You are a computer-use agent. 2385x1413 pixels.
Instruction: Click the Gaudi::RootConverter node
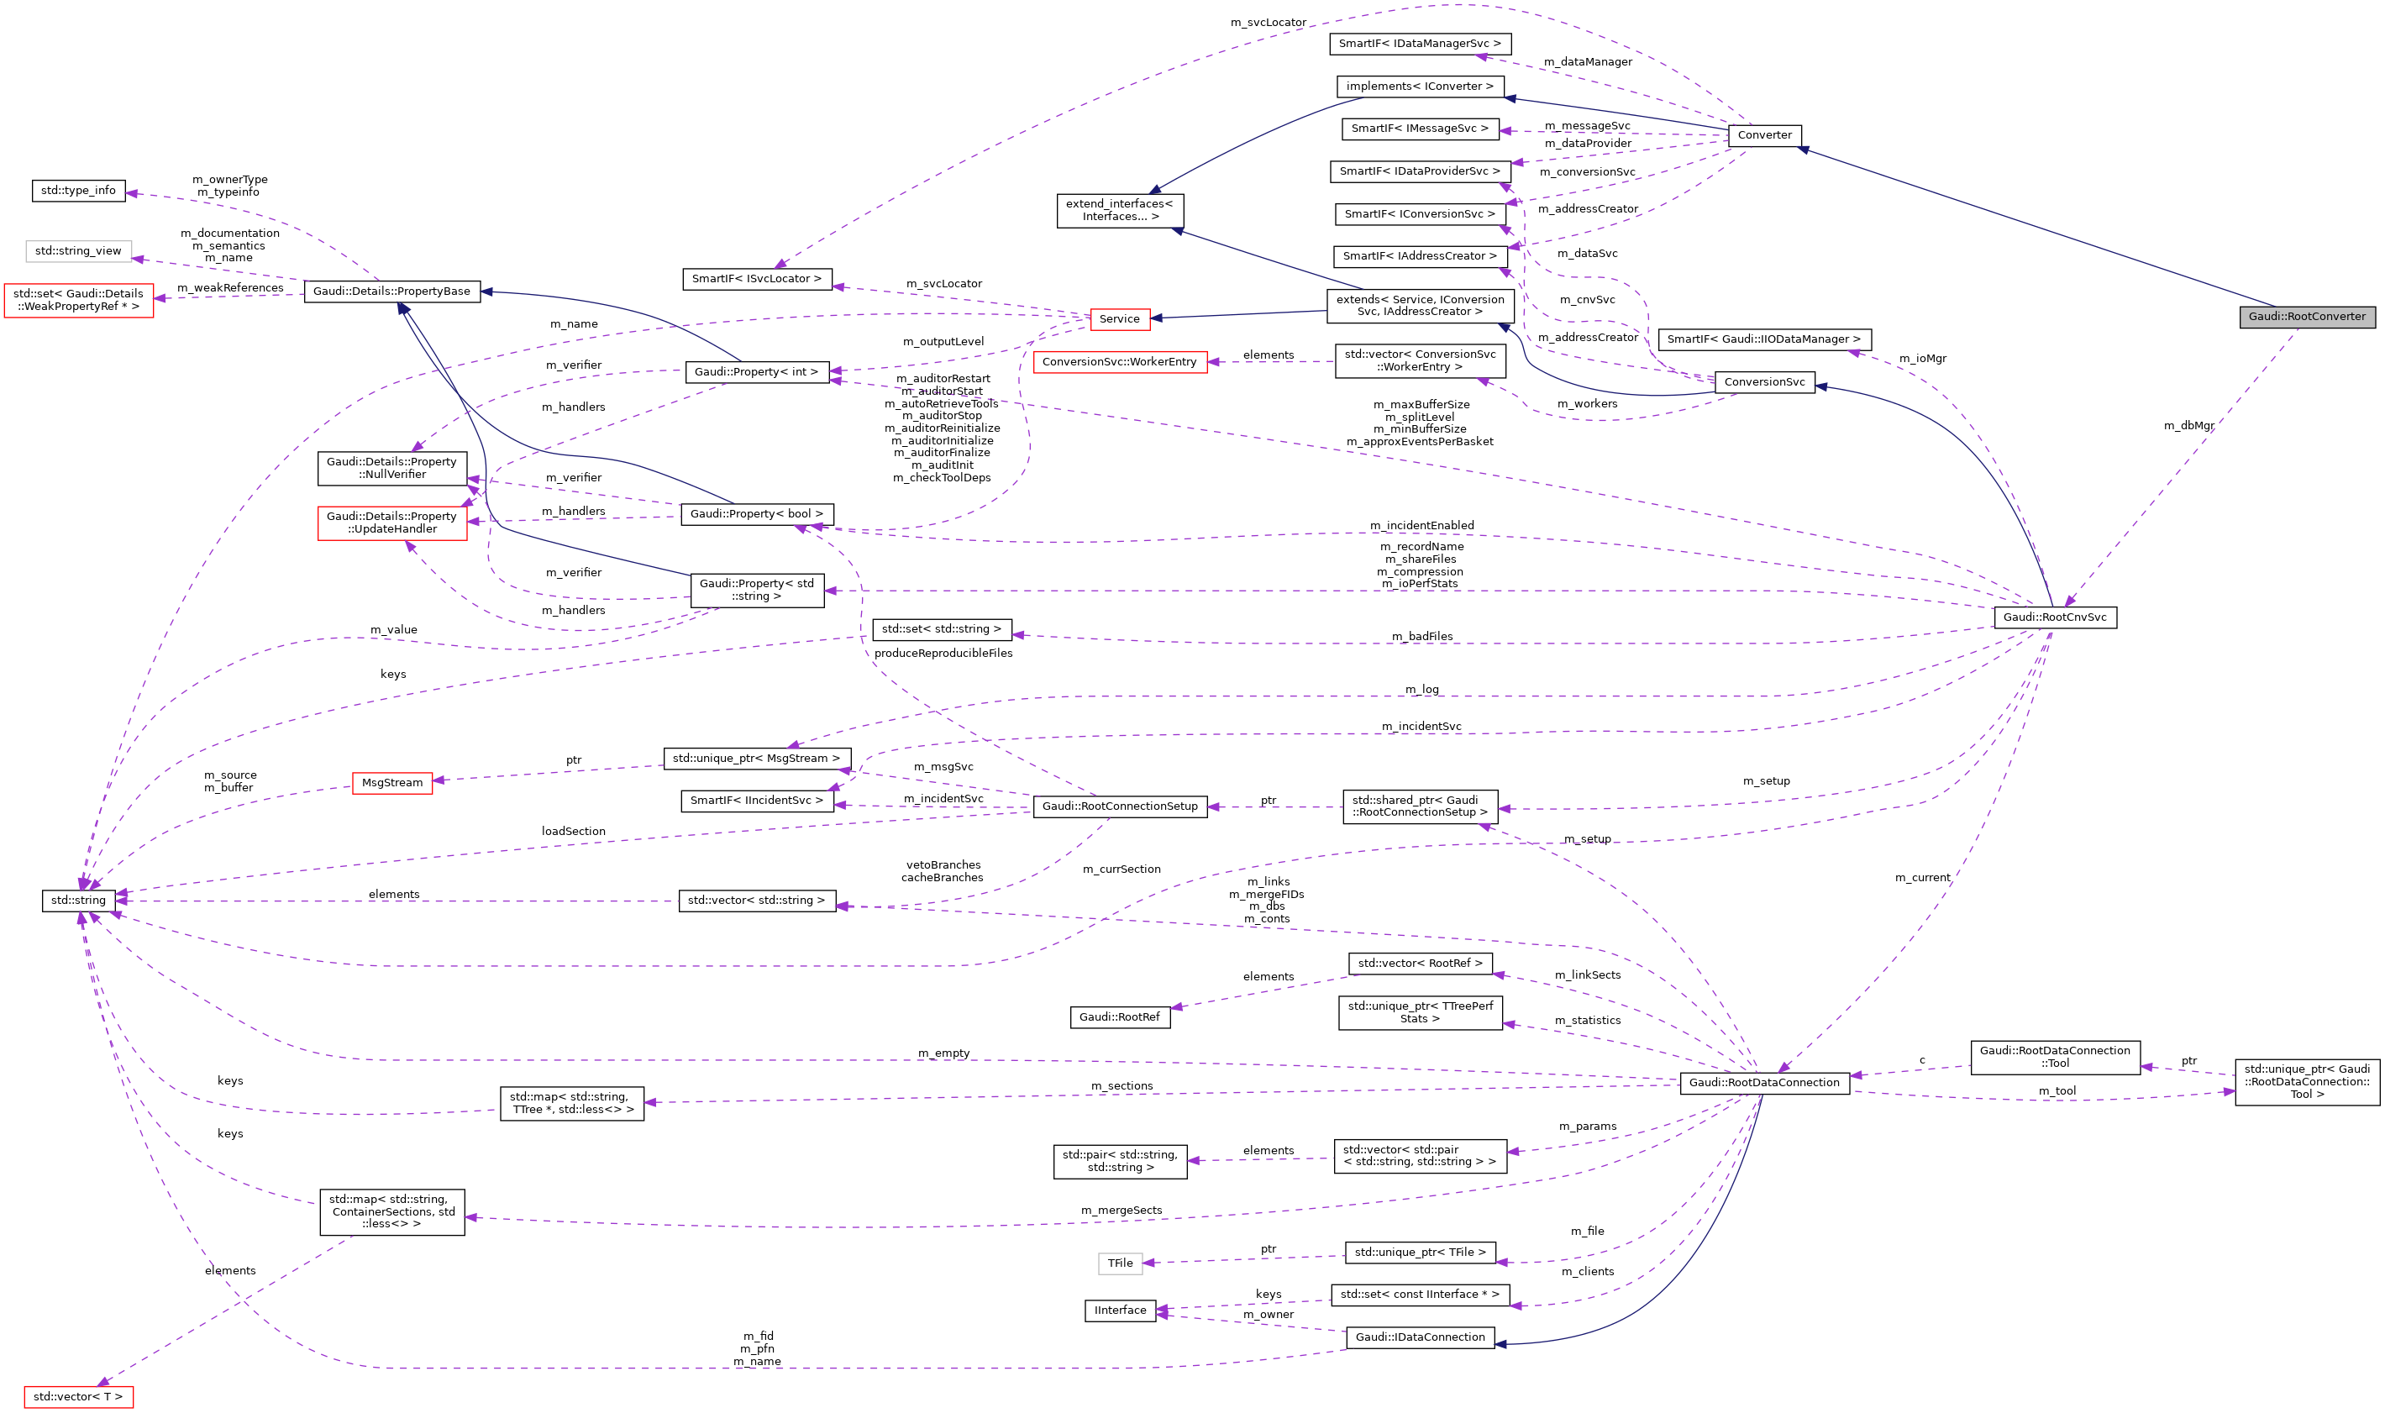point(2306,317)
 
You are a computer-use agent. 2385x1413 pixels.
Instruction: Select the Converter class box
point(1763,135)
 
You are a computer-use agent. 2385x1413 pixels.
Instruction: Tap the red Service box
point(1119,319)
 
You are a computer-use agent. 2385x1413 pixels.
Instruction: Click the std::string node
point(78,900)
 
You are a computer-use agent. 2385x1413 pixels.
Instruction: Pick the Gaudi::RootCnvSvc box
point(2055,617)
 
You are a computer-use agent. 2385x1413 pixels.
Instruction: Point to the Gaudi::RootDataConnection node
point(1763,1083)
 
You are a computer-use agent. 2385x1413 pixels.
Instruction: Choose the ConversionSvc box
point(1763,382)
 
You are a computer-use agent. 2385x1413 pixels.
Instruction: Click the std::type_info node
point(78,191)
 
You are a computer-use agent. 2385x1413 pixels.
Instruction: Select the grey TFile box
point(1120,1263)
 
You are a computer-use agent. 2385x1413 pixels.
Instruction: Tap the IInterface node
point(1120,1311)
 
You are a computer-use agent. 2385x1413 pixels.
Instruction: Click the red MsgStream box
point(391,783)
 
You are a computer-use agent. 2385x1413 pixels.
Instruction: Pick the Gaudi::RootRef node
point(1119,1016)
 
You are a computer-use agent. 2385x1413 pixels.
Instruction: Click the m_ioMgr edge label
point(1922,359)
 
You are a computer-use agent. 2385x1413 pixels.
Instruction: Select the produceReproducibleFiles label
point(943,654)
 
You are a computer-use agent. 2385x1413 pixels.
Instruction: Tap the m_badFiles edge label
point(1421,636)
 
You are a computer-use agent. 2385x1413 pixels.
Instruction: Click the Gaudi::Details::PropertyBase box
point(391,292)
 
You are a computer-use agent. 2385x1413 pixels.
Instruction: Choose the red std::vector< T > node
point(78,1397)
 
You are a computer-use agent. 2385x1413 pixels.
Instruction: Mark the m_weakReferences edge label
point(229,287)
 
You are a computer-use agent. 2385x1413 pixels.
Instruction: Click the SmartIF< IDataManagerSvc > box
point(1419,44)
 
